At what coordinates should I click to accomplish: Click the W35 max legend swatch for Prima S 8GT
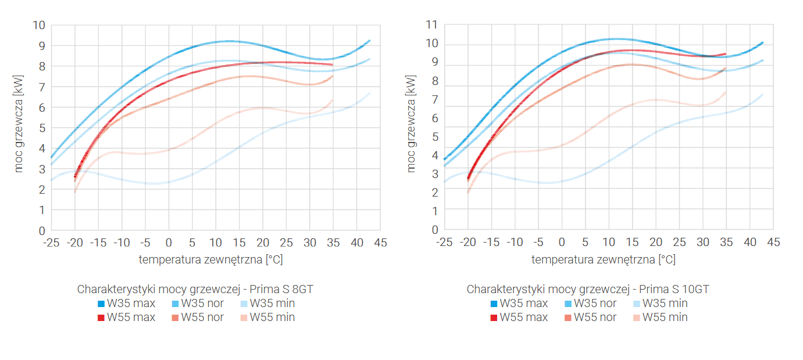pyautogui.click(x=101, y=304)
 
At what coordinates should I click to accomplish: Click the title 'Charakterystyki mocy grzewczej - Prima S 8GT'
pyautogui.click(x=195, y=289)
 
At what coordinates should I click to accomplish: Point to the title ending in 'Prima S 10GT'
pyautogui.click(x=588, y=289)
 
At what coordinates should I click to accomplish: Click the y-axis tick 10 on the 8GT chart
pyautogui.click(x=39, y=25)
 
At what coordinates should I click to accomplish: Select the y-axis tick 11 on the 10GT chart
pyautogui.click(x=431, y=25)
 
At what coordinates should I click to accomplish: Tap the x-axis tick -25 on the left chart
pyautogui.click(x=51, y=242)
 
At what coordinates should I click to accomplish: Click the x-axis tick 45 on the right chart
pyautogui.click(x=773, y=242)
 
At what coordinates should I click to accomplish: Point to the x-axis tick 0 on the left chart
pyautogui.click(x=169, y=242)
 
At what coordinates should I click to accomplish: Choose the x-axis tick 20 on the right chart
pyautogui.click(x=656, y=242)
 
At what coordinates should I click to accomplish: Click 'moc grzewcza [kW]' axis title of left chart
pyautogui.click(x=20, y=128)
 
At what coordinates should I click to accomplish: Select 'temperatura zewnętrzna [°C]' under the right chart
pyautogui.click(x=604, y=259)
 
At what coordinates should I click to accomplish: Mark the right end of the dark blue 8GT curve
pyautogui.click(x=370, y=40)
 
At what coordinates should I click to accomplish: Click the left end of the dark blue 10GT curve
pyautogui.click(x=445, y=159)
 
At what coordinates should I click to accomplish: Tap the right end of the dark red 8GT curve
pyautogui.click(x=333, y=65)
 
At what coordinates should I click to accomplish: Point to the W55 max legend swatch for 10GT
pyautogui.click(x=494, y=318)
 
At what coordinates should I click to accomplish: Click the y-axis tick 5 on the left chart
pyautogui.click(x=41, y=128)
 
